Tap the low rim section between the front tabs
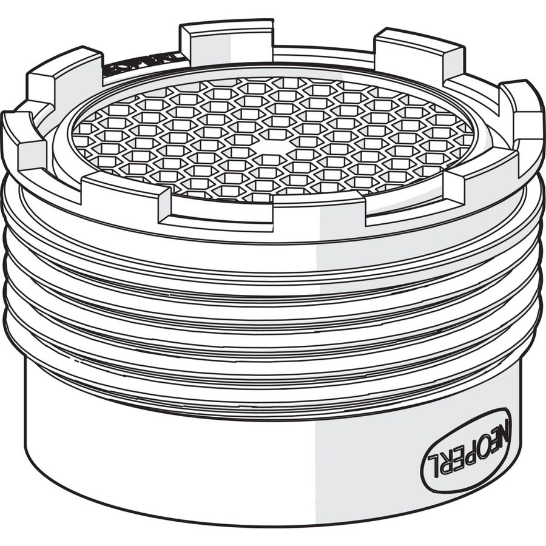pos(267,209)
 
